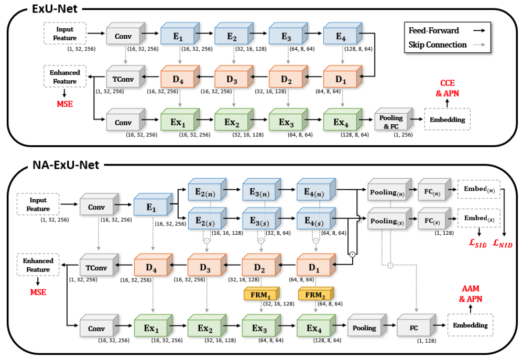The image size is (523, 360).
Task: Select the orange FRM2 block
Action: pos(315,294)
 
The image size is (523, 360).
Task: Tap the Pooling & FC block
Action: pos(392,119)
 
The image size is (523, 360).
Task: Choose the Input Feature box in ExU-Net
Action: pos(65,34)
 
